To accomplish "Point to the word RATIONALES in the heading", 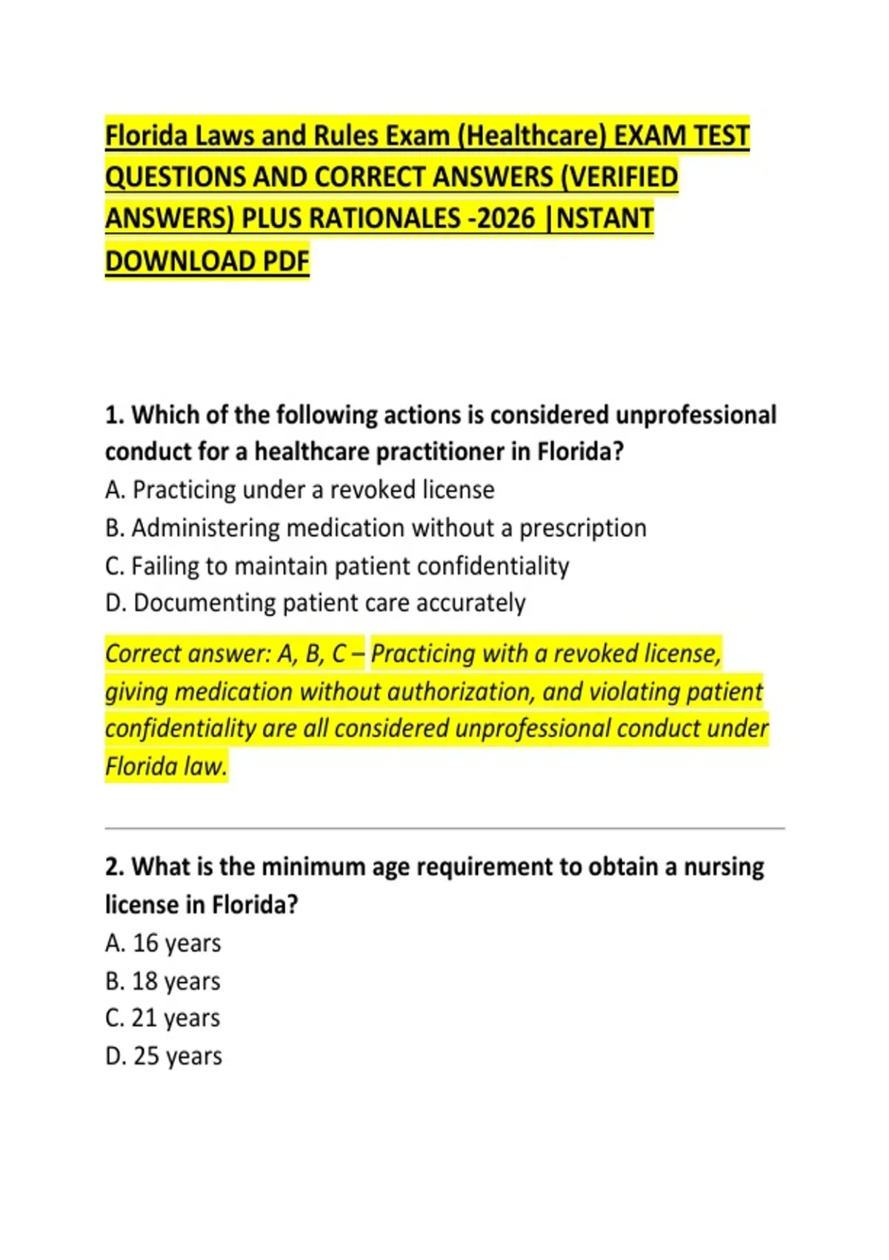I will pyautogui.click(x=384, y=219).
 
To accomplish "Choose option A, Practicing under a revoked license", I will pyautogui.click(x=299, y=490).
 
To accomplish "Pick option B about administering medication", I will pyautogui.click(x=376, y=528).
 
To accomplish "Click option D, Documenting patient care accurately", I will pyautogui.click(x=315, y=603).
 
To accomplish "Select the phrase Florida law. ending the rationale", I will pyautogui.click(x=166, y=766).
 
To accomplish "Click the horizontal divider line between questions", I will pyautogui.click(x=444, y=828).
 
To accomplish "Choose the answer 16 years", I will pyautogui.click(x=163, y=944).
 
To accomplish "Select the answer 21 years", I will pyautogui.click(x=163, y=1018).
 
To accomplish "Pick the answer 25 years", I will pyautogui.click(x=164, y=1056).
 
